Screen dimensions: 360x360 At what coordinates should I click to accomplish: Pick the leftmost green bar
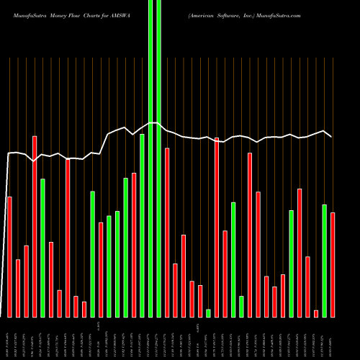tap(42, 248)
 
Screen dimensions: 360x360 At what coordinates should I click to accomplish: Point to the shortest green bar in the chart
tap(208, 313)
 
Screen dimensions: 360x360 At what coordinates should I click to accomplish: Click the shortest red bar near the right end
tap(316, 313)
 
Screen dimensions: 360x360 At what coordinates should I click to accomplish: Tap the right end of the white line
tap(331, 136)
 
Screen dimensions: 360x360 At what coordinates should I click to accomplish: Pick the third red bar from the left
tap(26, 281)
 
